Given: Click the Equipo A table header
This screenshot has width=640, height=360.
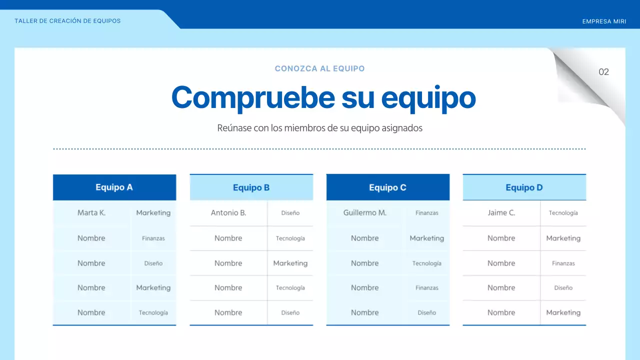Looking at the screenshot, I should (x=114, y=187).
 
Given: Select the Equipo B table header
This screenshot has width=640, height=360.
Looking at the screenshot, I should (x=251, y=188).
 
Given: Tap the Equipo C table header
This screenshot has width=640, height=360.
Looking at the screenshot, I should (x=387, y=187).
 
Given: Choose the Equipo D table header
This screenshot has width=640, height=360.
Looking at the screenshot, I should (x=524, y=188).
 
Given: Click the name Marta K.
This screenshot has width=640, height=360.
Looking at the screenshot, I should (x=91, y=213).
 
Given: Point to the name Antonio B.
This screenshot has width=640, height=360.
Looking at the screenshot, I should (x=228, y=213).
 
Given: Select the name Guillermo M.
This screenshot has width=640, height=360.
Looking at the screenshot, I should (x=365, y=213).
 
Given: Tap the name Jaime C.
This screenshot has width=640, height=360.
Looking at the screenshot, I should (x=501, y=213).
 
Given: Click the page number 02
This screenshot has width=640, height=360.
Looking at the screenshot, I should (x=603, y=72).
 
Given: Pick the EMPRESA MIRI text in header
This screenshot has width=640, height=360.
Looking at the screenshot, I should (x=604, y=21).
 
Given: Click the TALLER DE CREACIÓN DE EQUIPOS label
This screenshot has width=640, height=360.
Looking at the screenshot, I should (x=67, y=21).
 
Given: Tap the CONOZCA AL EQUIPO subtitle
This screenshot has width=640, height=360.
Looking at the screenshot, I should (x=319, y=68).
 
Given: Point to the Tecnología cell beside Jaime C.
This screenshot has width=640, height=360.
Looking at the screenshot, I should (x=563, y=213).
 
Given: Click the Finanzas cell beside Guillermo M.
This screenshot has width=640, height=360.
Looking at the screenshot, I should (x=426, y=213).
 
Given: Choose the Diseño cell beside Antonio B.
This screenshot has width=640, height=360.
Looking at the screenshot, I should (x=290, y=213).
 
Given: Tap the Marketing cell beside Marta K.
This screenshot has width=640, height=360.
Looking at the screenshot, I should (x=153, y=213).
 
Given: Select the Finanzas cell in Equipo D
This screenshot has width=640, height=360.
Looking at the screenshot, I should (x=563, y=263).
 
